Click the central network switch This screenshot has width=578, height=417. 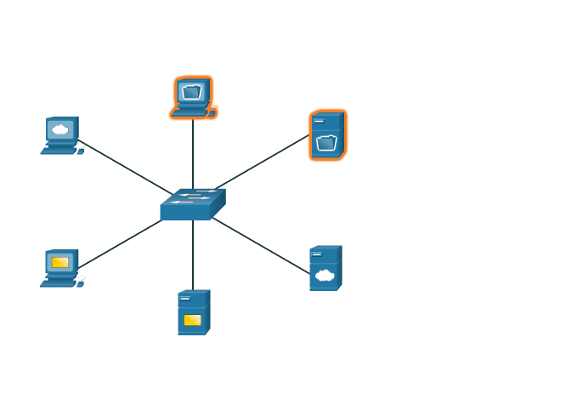click(193, 205)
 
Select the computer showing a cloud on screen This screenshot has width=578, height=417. click(62, 135)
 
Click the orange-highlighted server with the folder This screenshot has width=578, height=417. click(327, 134)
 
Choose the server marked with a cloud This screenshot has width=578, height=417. click(325, 268)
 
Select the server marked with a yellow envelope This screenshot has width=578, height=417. click(193, 312)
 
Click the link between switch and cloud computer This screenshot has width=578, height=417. click(123, 166)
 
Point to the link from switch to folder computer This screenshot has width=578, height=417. click(193, 153)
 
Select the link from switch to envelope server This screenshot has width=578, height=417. click(193, 255)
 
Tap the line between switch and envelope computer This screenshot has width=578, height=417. click(119, 245)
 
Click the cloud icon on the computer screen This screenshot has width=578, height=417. click(60, 129)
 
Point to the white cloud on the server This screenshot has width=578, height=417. click(324, 275)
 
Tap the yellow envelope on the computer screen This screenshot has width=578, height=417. click(60, 262)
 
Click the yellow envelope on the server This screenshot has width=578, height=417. click(193, 320)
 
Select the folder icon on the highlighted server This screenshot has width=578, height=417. click(326, 143)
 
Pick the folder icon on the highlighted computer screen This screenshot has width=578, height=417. click(192, 90)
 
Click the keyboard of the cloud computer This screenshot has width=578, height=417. click(59, 151)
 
